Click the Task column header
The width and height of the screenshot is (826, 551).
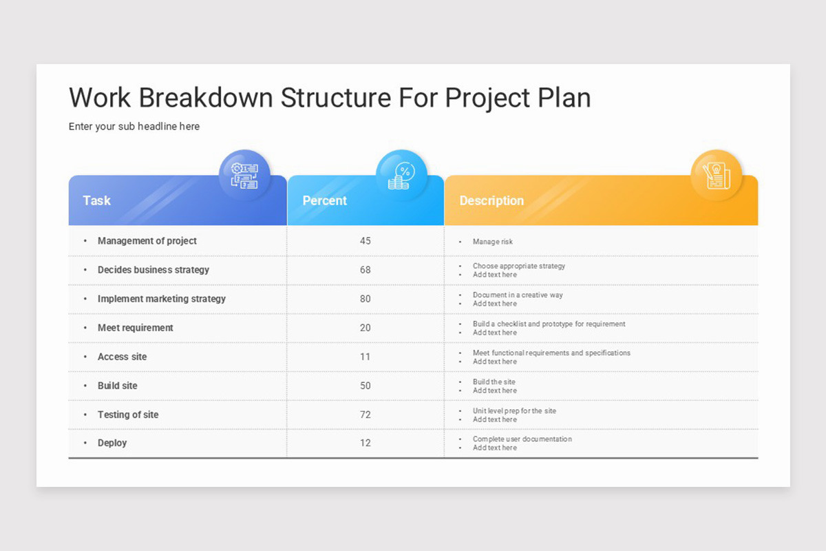[x=97, y=200]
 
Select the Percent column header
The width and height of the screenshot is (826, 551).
[x=325, y=200]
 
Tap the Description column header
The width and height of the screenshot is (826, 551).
[x=491, y=200]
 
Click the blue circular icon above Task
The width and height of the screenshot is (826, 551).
[x=244, y=175]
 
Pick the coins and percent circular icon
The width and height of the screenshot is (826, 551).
[x=401, y=175]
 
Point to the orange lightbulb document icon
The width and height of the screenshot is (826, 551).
[x=716, y=175]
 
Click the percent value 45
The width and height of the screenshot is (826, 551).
[x=365, y=241]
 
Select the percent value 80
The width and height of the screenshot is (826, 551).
[x=365, y=299]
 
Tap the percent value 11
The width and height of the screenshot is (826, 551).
[x=365, y=357]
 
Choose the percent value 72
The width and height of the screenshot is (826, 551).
[x=365, y=415]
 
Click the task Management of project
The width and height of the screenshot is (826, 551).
[x=147, y=241]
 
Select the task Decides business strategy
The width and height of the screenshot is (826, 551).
[x=153, y=270]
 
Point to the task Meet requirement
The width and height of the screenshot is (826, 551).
[x=135, y=328]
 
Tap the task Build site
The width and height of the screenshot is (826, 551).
[x=117, y=386]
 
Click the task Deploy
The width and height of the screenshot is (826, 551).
[x=112, y=443]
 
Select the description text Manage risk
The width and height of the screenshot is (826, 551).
[x=492, y=242]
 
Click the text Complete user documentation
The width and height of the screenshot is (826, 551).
[x=522, y=439]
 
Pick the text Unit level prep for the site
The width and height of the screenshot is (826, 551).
[x=514, y=410]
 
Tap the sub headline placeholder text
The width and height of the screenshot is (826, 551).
[x=134, y=127]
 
